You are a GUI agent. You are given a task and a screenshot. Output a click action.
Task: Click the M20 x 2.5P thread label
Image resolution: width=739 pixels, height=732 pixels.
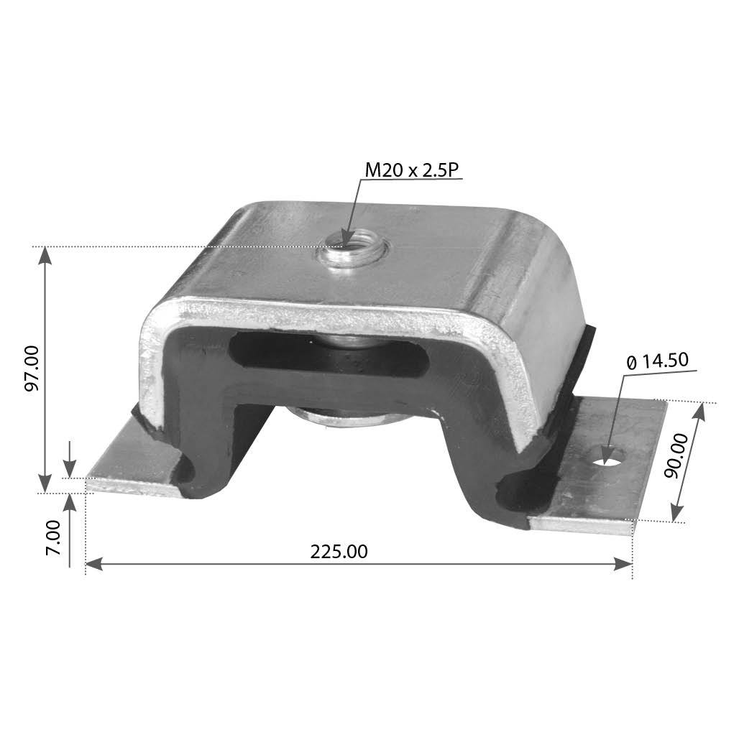click(x=411, y=170)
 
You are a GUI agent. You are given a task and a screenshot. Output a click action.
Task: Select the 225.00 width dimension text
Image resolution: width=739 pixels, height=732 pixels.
click(x=339, y=552)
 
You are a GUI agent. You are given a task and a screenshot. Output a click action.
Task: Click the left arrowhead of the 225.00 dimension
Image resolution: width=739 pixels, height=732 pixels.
click(x=92, y=565)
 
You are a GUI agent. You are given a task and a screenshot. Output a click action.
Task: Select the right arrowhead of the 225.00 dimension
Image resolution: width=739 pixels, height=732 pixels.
click(x=626, y=565)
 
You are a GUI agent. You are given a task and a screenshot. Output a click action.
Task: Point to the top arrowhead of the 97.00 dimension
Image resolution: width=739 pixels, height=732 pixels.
click(x=45, y=254)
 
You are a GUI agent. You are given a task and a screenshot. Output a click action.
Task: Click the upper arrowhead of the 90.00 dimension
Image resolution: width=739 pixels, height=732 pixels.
click(x=700, y=410)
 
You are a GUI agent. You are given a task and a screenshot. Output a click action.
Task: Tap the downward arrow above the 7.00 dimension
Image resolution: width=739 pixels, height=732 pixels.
click(x=70, y=468)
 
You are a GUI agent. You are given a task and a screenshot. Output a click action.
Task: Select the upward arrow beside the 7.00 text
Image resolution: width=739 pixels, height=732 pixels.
click(x=70, y=501)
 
